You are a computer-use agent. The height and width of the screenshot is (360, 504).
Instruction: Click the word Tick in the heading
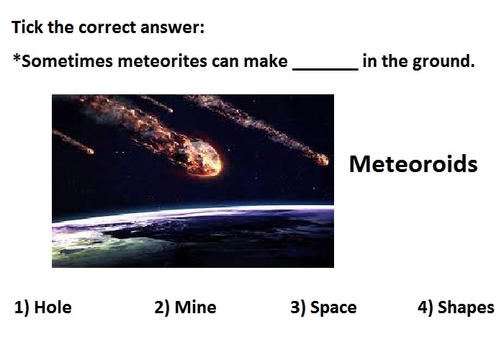click(x=27, y=27)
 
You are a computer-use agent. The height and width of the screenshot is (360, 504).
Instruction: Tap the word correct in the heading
click(x=107, y=27)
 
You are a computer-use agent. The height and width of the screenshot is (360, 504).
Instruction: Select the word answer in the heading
click(x=172, y=27)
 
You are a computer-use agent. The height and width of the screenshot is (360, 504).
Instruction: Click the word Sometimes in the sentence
click(x=67, y=61)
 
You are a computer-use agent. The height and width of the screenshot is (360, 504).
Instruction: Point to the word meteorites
click(x=162, y=61)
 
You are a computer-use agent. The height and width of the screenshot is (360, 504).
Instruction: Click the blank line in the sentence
click(x=325, y=68)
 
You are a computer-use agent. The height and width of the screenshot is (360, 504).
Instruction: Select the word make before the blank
click(x=266, y=61)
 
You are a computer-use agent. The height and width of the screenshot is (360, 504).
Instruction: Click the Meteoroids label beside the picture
click(x=413, y=164)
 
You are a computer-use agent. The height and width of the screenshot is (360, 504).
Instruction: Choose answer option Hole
click(x=53, y=307)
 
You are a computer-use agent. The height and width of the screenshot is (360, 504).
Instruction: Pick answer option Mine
click(x=195, y=307)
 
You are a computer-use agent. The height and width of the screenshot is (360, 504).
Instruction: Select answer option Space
click(x=333, y=308)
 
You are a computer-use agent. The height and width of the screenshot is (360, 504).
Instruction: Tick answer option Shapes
click(x=466, y=308)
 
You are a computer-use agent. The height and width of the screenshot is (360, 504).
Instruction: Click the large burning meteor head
click(x=202, y=158)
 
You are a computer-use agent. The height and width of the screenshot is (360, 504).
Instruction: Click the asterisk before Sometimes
click(x=17, y=58)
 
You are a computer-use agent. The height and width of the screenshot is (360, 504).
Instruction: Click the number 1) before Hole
click(x=22, y=308)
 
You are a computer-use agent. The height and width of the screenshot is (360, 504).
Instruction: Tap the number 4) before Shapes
click(x=426, y=308)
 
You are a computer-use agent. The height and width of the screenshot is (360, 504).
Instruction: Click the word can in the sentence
click(x=225, y=62)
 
